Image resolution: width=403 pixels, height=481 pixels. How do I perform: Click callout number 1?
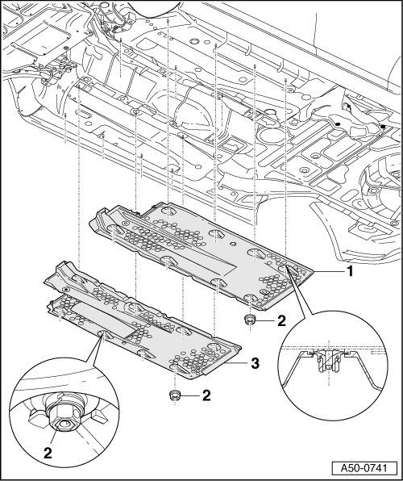tap(349, 271)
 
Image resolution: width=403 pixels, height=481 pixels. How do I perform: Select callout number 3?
tap(255, 363)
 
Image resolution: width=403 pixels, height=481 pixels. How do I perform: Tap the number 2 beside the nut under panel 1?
tap(281, 321)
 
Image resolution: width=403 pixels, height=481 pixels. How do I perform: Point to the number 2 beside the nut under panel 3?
tap(206, 395)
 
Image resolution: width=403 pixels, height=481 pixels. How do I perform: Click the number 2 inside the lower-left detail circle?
tap(48, 453)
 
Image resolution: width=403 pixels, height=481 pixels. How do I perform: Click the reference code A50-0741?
tap(364, 468)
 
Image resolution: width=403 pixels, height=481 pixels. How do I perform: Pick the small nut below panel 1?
tap(251, 320)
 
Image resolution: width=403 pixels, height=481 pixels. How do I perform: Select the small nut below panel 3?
tap(174, 395)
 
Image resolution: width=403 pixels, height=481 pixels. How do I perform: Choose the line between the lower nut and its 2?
tap(190, 395)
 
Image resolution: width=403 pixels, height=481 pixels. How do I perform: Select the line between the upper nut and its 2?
tap(265, 321)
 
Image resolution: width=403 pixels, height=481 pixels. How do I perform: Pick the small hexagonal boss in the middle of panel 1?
tap(233, 244)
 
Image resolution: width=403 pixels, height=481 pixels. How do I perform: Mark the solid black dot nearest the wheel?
tap(383, 127)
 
